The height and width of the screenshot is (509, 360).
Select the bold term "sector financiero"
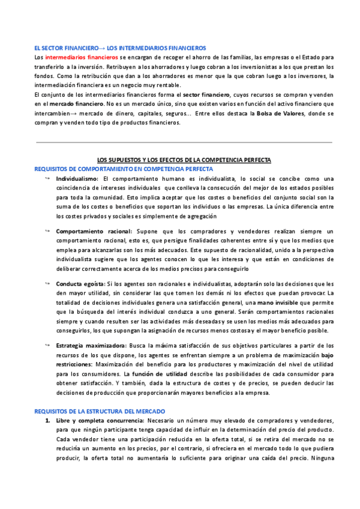coord(206,95)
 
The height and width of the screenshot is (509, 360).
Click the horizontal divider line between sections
coord(184,142)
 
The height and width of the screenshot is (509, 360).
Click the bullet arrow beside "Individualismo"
coord(47,179)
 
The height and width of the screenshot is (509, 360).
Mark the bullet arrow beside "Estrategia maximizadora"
coord(47,346)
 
